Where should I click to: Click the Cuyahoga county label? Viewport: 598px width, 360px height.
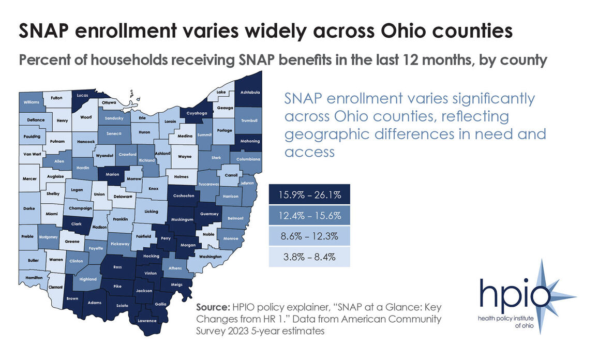point(198,113)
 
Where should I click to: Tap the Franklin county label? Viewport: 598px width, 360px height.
point(121,219)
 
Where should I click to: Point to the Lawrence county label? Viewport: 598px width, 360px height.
point(147,321)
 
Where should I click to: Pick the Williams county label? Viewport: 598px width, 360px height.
point(32,102)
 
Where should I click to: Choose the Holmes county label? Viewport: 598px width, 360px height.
point(181,177)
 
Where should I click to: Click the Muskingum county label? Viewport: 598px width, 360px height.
point(182,219)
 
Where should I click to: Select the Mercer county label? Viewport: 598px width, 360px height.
point(30,179)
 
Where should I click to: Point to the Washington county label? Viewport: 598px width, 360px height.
point(210,257)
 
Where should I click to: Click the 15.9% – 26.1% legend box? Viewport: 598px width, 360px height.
point(309,195)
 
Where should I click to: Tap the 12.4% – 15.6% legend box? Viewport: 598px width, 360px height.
point(309,215)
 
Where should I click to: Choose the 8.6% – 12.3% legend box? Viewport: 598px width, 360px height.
point(309,236)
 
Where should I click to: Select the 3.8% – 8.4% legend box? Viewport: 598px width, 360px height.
point(309,257)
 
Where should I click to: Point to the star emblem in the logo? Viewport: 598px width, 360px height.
point(554,295)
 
